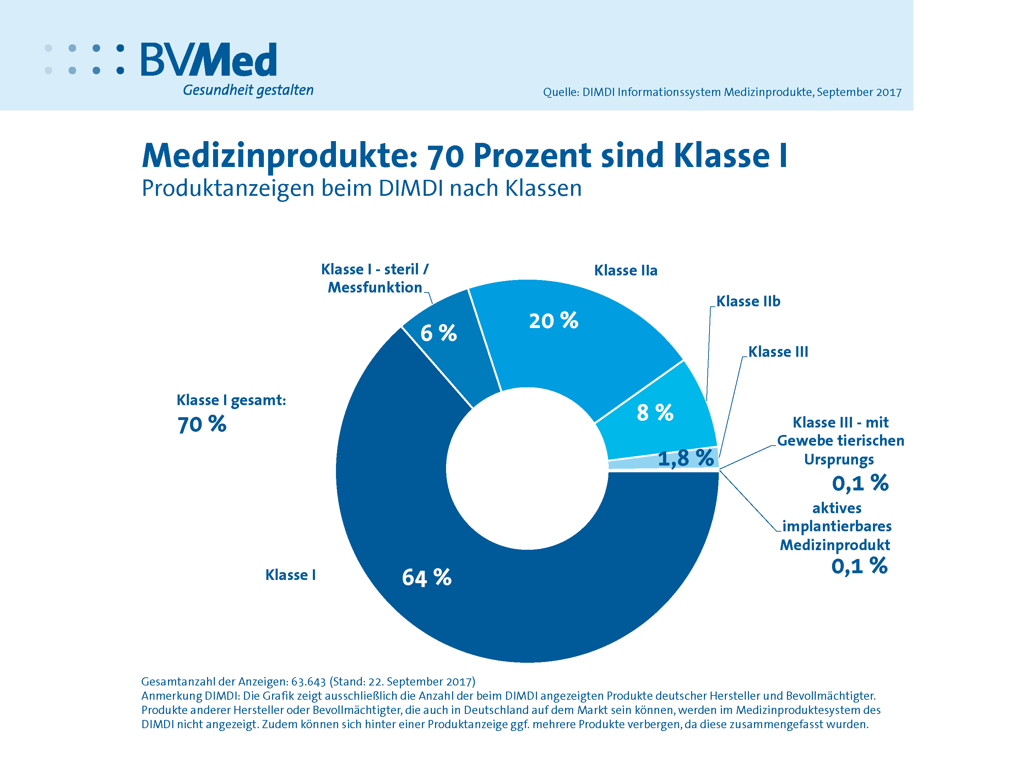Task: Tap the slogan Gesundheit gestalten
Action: (x=248, y=90)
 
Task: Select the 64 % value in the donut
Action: (x=427, y=577)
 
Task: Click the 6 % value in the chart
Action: (x=438, y=333)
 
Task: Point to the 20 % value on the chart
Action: (x=553, y=321)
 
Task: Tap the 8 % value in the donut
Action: (x=655, y=413)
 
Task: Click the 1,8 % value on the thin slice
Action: (x=685, y=458)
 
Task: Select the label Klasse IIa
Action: (x=625, y=270)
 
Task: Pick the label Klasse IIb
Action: (x=748, y=302)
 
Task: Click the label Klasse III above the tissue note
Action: (x=778, y=352)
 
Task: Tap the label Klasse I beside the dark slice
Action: (x=290, y=575)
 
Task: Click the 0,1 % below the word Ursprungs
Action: (x=860, y=483)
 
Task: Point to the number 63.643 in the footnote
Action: (x=308, y=682)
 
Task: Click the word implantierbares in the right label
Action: (x=836, y=526)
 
